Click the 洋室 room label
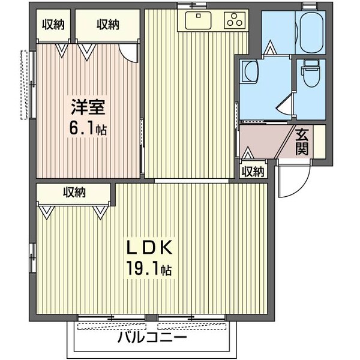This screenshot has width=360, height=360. pyautogui.click(x=89, y=109)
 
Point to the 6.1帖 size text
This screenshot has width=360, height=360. pyautogui.click(x=89, y=128)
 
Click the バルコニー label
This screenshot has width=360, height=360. pyautogui.click(x=152, y=337)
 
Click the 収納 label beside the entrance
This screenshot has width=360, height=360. pyautogui.click(x=253, y=172)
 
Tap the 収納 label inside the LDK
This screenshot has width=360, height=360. pyautogui.click(x=74, y=193)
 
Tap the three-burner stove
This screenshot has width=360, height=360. pyautogui.click(x=235, y=20)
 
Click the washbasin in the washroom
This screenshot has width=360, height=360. pyautogui.click(x=248, y=73)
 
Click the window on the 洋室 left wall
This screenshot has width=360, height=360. pyautogui.click(x=25, y=85)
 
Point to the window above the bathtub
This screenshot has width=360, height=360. pyautogui.click(x=310, y=5)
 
